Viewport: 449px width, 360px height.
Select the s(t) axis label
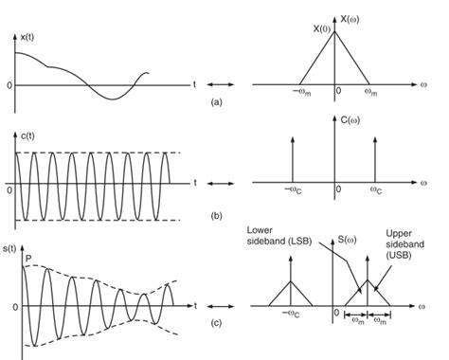coord(12,246)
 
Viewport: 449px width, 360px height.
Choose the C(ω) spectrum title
coord(351,122)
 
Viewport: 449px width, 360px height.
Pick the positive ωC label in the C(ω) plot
coord(376,192)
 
